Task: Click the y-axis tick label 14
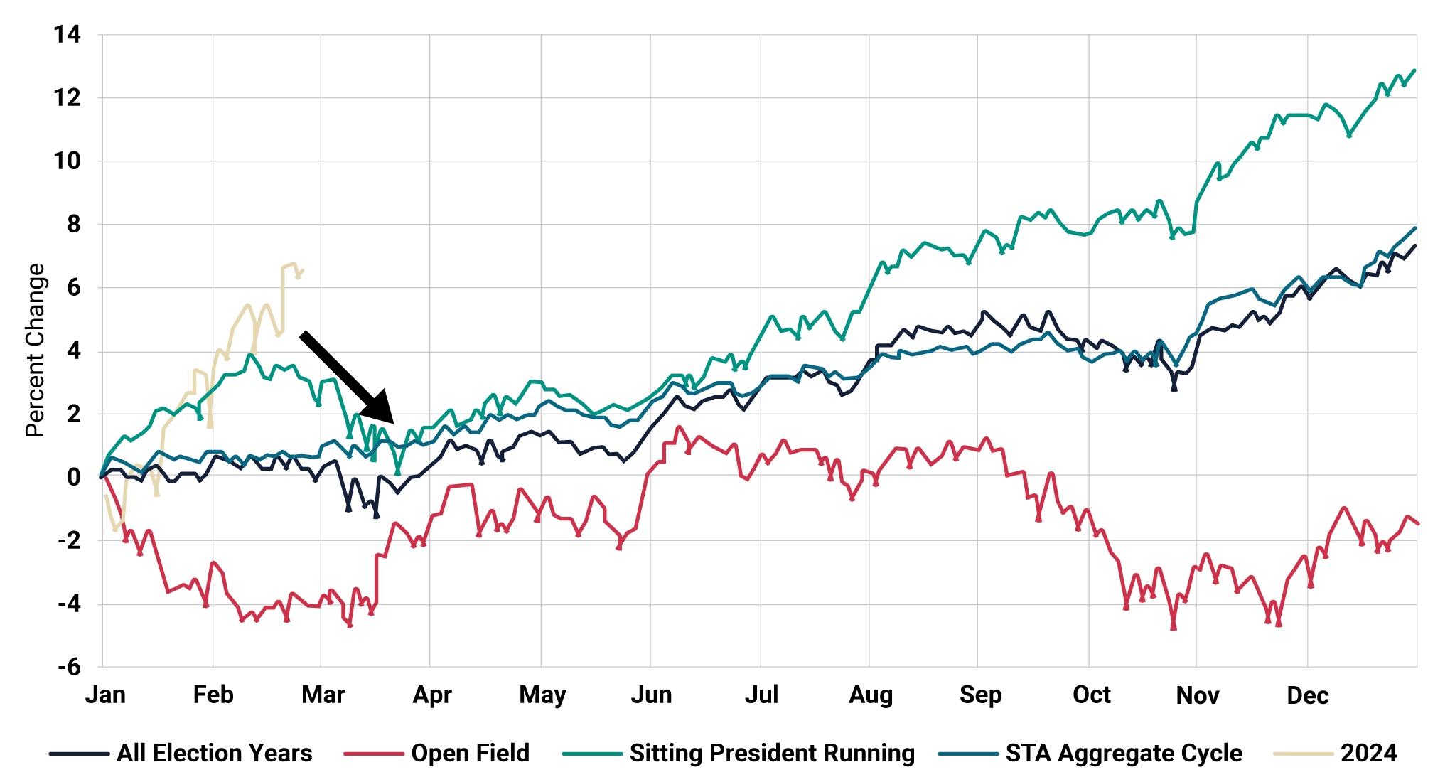point(68,34)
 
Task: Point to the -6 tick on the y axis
point(69,667)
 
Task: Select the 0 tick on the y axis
point(74,477)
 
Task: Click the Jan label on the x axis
point(105,695)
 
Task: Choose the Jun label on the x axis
point(651,695)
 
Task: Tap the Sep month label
point(980,695)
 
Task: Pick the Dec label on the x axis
point(1308,695)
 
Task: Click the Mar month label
point(323,695)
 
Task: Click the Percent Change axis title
point(35,350)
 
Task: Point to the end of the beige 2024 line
point(303,270)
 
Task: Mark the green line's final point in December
point(1415,70)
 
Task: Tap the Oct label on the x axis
point(1091,695)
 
